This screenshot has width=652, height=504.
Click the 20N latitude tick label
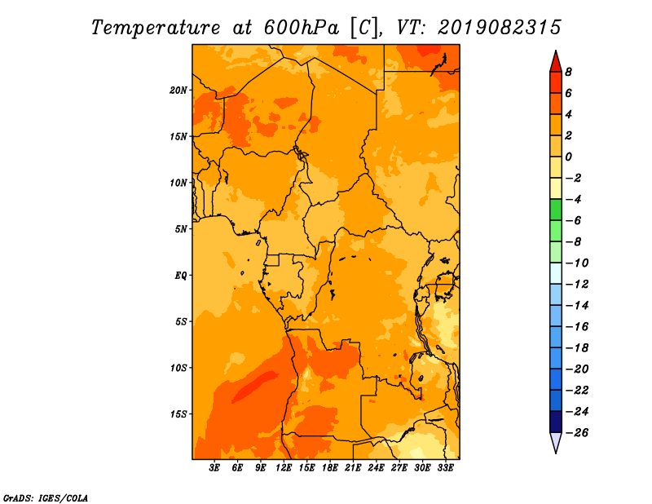point(178,91)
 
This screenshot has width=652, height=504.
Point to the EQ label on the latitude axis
point(181,276)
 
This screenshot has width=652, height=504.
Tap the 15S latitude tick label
point(178,414)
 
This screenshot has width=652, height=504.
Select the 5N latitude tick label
point(181,229)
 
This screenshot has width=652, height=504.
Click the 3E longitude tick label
point(214,468)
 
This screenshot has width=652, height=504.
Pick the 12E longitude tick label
point(284,468)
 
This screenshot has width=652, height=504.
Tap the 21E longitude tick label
point(353,468)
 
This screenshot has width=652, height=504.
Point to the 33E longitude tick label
point(445,468)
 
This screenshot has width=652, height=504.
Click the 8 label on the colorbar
point(568,72)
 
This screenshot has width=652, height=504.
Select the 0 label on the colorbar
point(568,157)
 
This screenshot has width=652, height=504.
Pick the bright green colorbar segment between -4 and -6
point(556,210)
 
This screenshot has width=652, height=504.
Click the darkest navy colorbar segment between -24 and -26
point(556,422)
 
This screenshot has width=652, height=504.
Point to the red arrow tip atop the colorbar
point(556,51)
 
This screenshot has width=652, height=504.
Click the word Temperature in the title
point(156,28)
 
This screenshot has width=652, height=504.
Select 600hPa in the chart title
point(301,28)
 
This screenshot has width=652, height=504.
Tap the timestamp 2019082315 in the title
point(500,28)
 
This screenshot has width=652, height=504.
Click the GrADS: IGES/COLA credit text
point(46,498)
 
